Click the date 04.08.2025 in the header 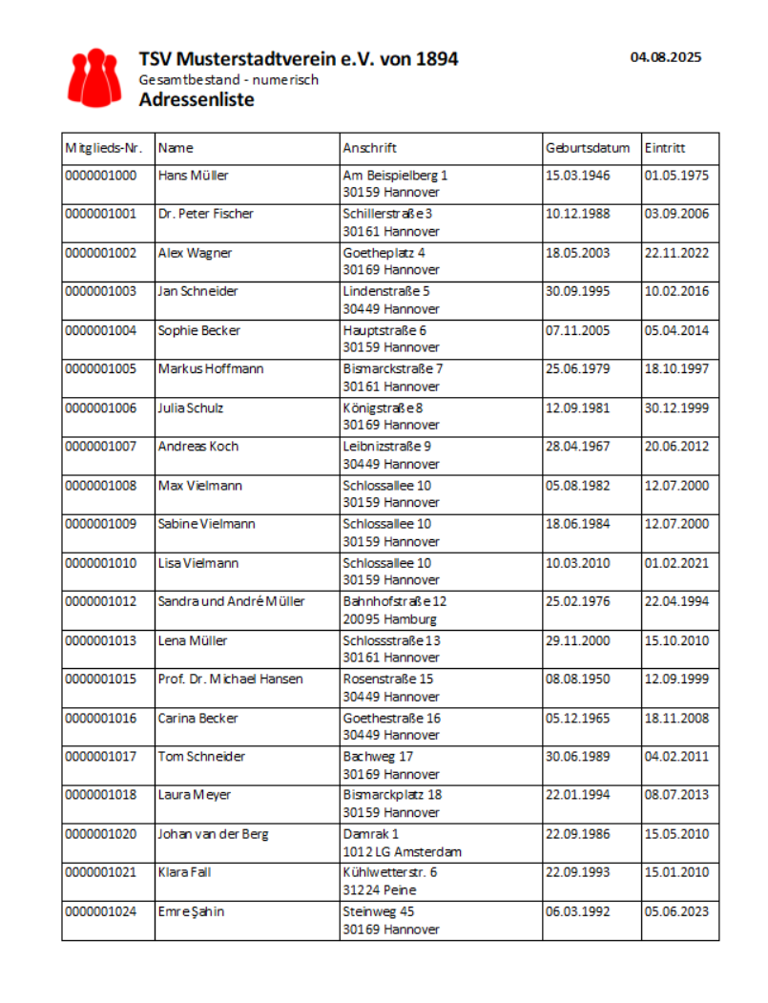(665, 57)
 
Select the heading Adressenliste (197, 99)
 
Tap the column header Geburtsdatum (588, 148)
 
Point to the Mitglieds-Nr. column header (104, 148)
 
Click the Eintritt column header (665, 148)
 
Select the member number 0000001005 (101, 369)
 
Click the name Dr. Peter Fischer (206, 214)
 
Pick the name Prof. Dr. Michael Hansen (230, 679)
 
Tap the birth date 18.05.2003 (577, 253)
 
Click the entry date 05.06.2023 (676, 911)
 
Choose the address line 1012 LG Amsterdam (403, 852)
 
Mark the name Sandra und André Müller (232, 602)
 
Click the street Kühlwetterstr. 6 (390, 872)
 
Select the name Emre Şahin (192, 911)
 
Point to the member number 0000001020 (101, 834)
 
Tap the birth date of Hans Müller (577, 176)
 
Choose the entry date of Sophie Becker (676, 331)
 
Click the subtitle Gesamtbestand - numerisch (228, 80)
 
